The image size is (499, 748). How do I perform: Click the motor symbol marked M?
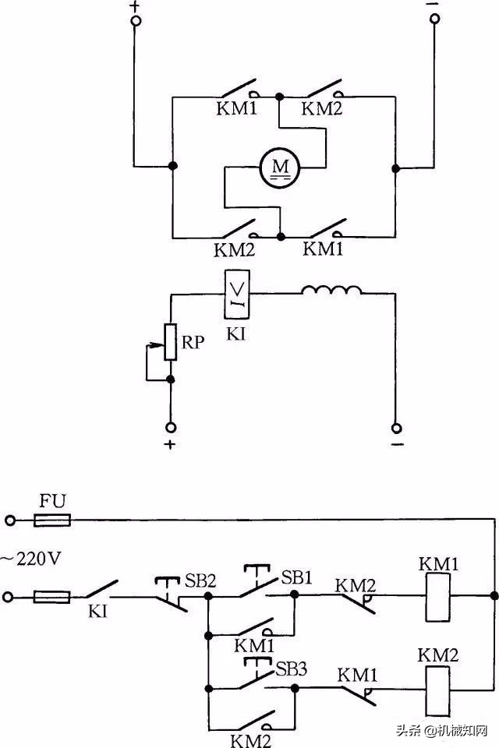[x=279, y=167]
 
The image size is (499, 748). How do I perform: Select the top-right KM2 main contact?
[x=322, y=90]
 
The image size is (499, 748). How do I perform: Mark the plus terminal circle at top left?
[x=135, y=23]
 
